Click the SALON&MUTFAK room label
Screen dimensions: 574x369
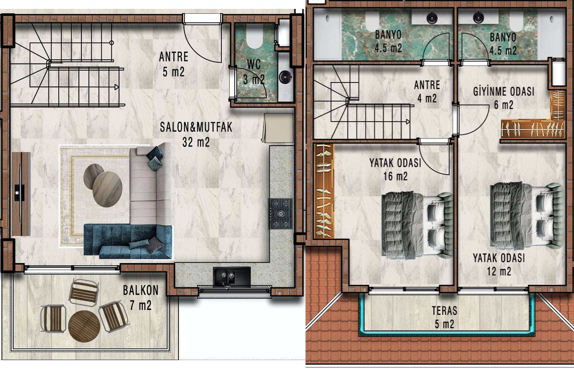pos(196,127)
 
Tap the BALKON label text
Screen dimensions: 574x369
pos(141,290)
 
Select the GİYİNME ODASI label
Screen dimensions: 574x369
pos(504,91)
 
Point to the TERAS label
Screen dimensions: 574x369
pos(444,311)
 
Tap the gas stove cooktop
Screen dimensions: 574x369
pos(280,214)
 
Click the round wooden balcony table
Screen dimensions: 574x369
pos(84,326)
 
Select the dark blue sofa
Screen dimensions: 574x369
pos(128,241)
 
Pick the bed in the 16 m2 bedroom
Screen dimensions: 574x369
pos(417,225)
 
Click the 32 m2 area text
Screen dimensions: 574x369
pos(196,142)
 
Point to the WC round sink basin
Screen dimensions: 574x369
pos(285,76)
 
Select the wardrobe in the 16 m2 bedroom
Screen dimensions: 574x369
pos(324,191)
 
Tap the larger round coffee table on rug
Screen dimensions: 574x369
pos(107,189)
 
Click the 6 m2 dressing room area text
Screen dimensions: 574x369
pos(504,105)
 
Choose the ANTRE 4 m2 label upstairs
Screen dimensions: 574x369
pos(427,92)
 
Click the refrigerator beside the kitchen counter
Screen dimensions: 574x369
pos(278,128)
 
